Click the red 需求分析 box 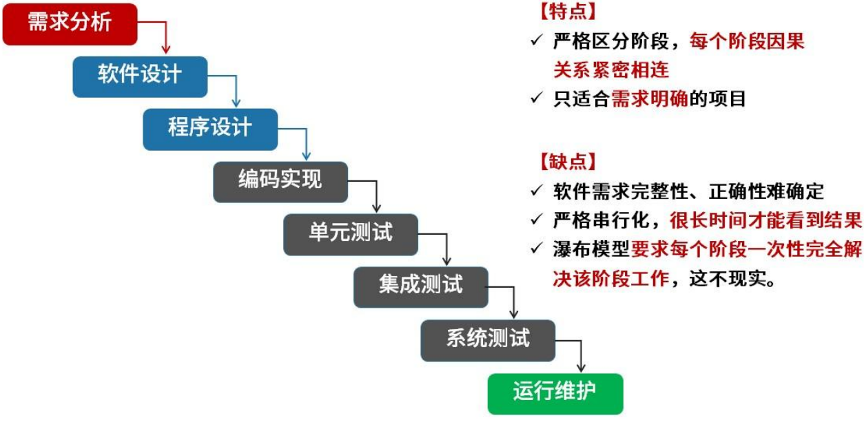click(70, 23)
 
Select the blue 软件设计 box click(140, 76)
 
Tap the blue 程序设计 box click(210, 129)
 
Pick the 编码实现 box click(280, 181)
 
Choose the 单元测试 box click(351, 234)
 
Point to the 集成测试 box click(420, 286)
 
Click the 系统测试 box click(488, 339)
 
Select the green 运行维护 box click(555, 393)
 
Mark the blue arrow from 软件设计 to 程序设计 click(236, 89)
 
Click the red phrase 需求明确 click(649, 99)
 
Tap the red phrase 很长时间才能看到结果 click(765, 220)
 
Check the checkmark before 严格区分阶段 click(537, 42)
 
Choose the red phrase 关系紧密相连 click(610, 70)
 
